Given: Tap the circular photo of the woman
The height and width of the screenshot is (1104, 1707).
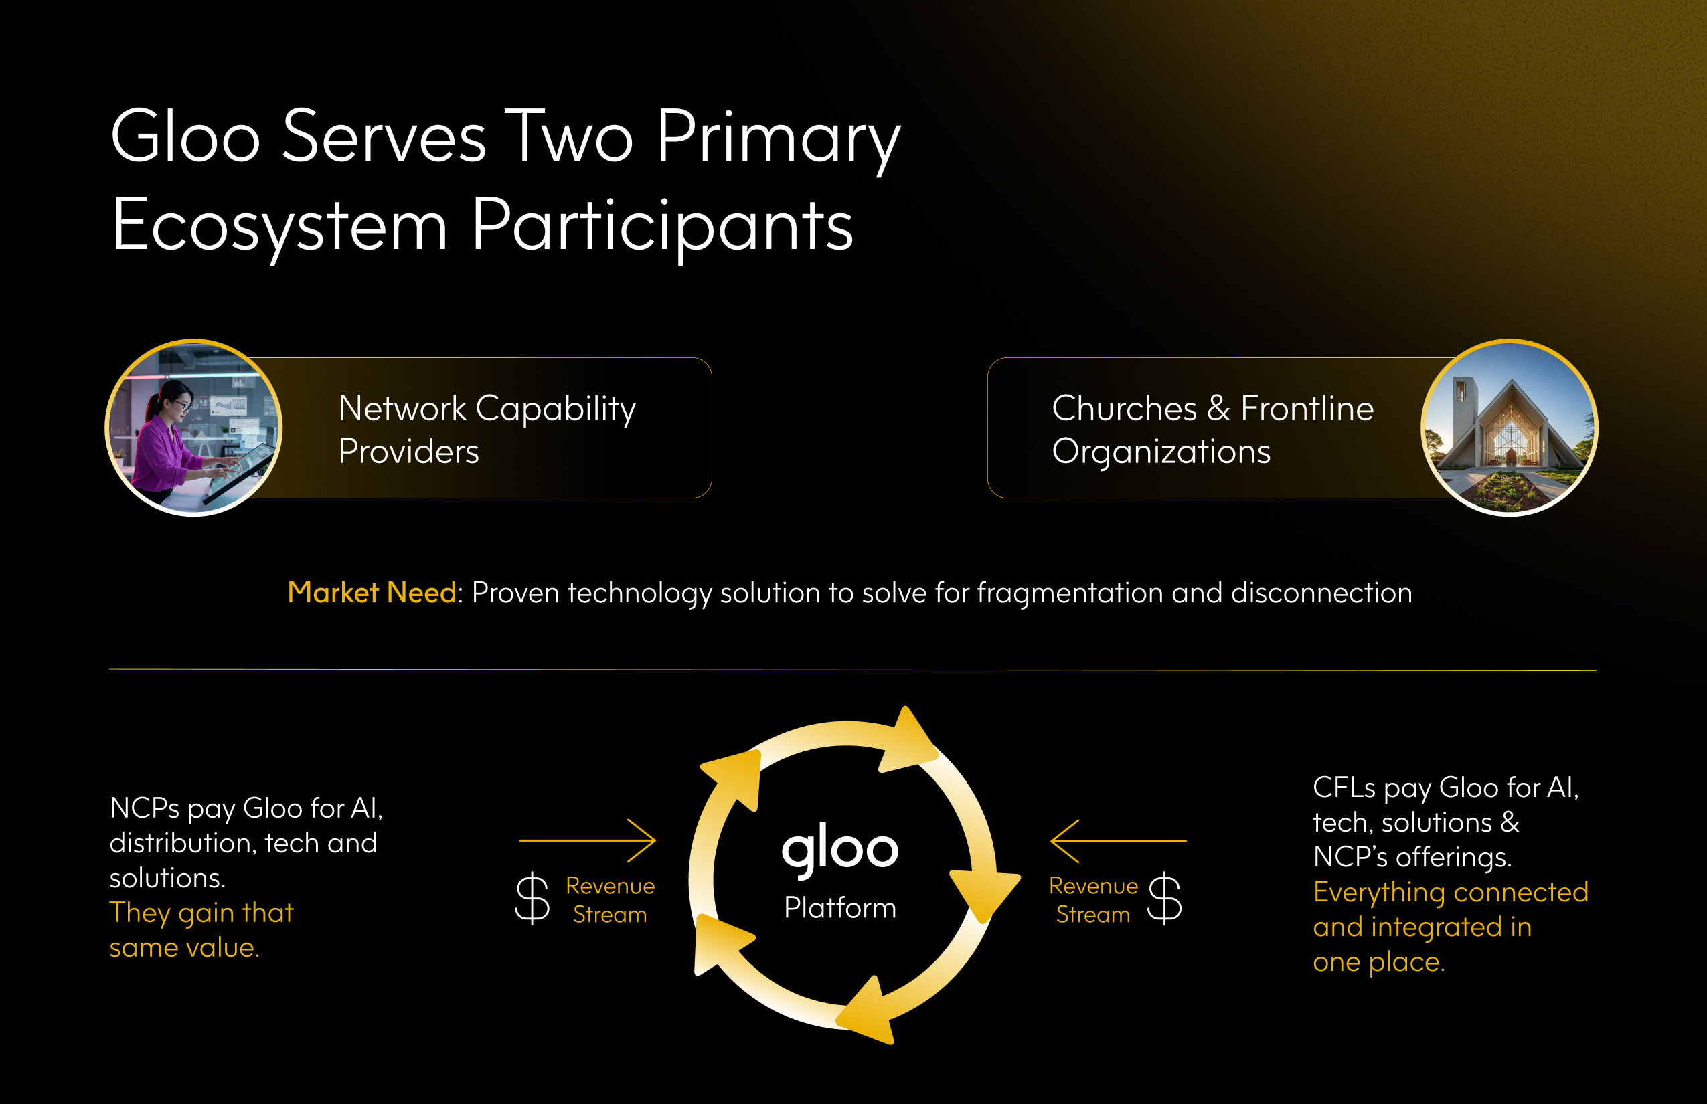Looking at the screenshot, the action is [x=193, y=428].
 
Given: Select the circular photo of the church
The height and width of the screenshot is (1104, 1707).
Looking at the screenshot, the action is [x=1510, y=428].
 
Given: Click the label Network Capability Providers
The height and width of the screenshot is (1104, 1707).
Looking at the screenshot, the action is [x=487, y=430].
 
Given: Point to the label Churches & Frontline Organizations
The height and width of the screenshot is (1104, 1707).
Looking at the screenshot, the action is [x=1213, y=430].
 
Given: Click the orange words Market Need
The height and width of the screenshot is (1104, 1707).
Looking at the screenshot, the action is [x=372, y=592].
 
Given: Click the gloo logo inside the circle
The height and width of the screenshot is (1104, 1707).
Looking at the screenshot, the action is [x=840, y=850].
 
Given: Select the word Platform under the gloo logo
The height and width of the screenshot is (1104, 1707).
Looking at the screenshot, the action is [x=840, y=907].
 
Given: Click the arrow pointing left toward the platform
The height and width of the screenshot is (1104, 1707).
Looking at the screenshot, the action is [x=1118, y=841].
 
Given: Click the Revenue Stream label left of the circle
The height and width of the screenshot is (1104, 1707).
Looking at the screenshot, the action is [x=610, y=900].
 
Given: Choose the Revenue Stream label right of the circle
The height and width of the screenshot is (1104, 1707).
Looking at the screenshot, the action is [x=1093, y=900].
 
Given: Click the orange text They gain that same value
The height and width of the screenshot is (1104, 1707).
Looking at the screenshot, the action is [x=201, y=930].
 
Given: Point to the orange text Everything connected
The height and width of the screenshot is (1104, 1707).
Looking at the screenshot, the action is [x=1450, y=892].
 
